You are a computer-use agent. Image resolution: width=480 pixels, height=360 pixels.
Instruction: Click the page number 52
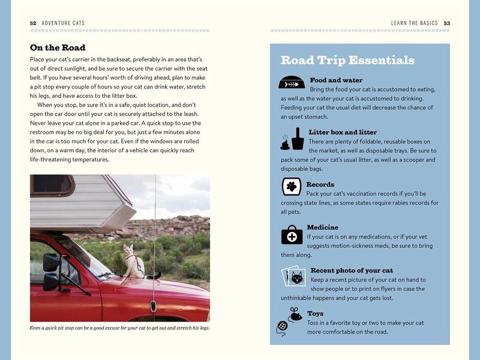(33, 23)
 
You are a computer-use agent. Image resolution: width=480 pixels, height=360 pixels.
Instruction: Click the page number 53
(446, 23)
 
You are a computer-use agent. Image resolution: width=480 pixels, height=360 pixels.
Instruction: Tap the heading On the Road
(58, 47)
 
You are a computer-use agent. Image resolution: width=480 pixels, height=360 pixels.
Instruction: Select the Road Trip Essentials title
(347, 61)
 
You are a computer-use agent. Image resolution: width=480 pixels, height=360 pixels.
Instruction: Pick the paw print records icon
(291, 187)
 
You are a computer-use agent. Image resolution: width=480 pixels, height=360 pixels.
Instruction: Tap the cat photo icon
(294, 277)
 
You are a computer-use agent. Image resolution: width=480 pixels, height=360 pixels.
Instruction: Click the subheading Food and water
(336, 80)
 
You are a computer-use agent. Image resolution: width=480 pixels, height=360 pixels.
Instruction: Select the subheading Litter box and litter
(343, 132)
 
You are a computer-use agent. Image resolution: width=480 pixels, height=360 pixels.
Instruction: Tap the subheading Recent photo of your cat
(352, 271)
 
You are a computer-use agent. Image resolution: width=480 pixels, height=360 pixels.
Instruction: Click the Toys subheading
(315, 313)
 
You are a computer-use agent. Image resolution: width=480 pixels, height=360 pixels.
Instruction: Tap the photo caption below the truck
(119, 328)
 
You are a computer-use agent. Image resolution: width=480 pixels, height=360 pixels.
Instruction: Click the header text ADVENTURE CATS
(63, 23)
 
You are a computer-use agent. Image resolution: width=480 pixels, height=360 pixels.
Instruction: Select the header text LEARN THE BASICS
(414, 23)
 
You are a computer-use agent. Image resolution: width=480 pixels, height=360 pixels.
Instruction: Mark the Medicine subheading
(323, 227)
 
